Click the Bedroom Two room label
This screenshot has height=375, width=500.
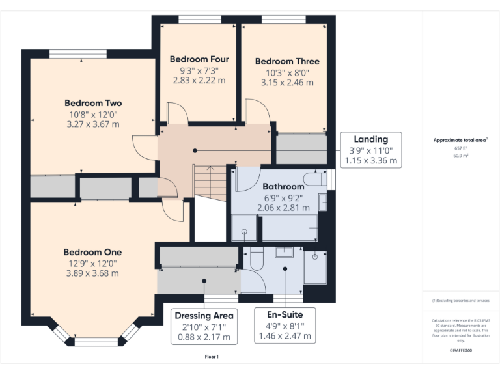point(92,103)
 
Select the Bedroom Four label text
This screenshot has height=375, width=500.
point(199,59)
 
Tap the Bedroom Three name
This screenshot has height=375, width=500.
point(287,61)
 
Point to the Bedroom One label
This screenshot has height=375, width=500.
point(92,252)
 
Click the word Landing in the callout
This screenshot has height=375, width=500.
point(370,139)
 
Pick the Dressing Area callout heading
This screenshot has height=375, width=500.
point(204,316)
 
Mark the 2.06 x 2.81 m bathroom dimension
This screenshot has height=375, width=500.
point(283,207)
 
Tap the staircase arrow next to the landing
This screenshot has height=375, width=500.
point(208,179)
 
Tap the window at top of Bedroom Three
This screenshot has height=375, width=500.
point(283,20)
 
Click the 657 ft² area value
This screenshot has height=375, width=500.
point(461,148)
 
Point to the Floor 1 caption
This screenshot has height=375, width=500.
point(212,357)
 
